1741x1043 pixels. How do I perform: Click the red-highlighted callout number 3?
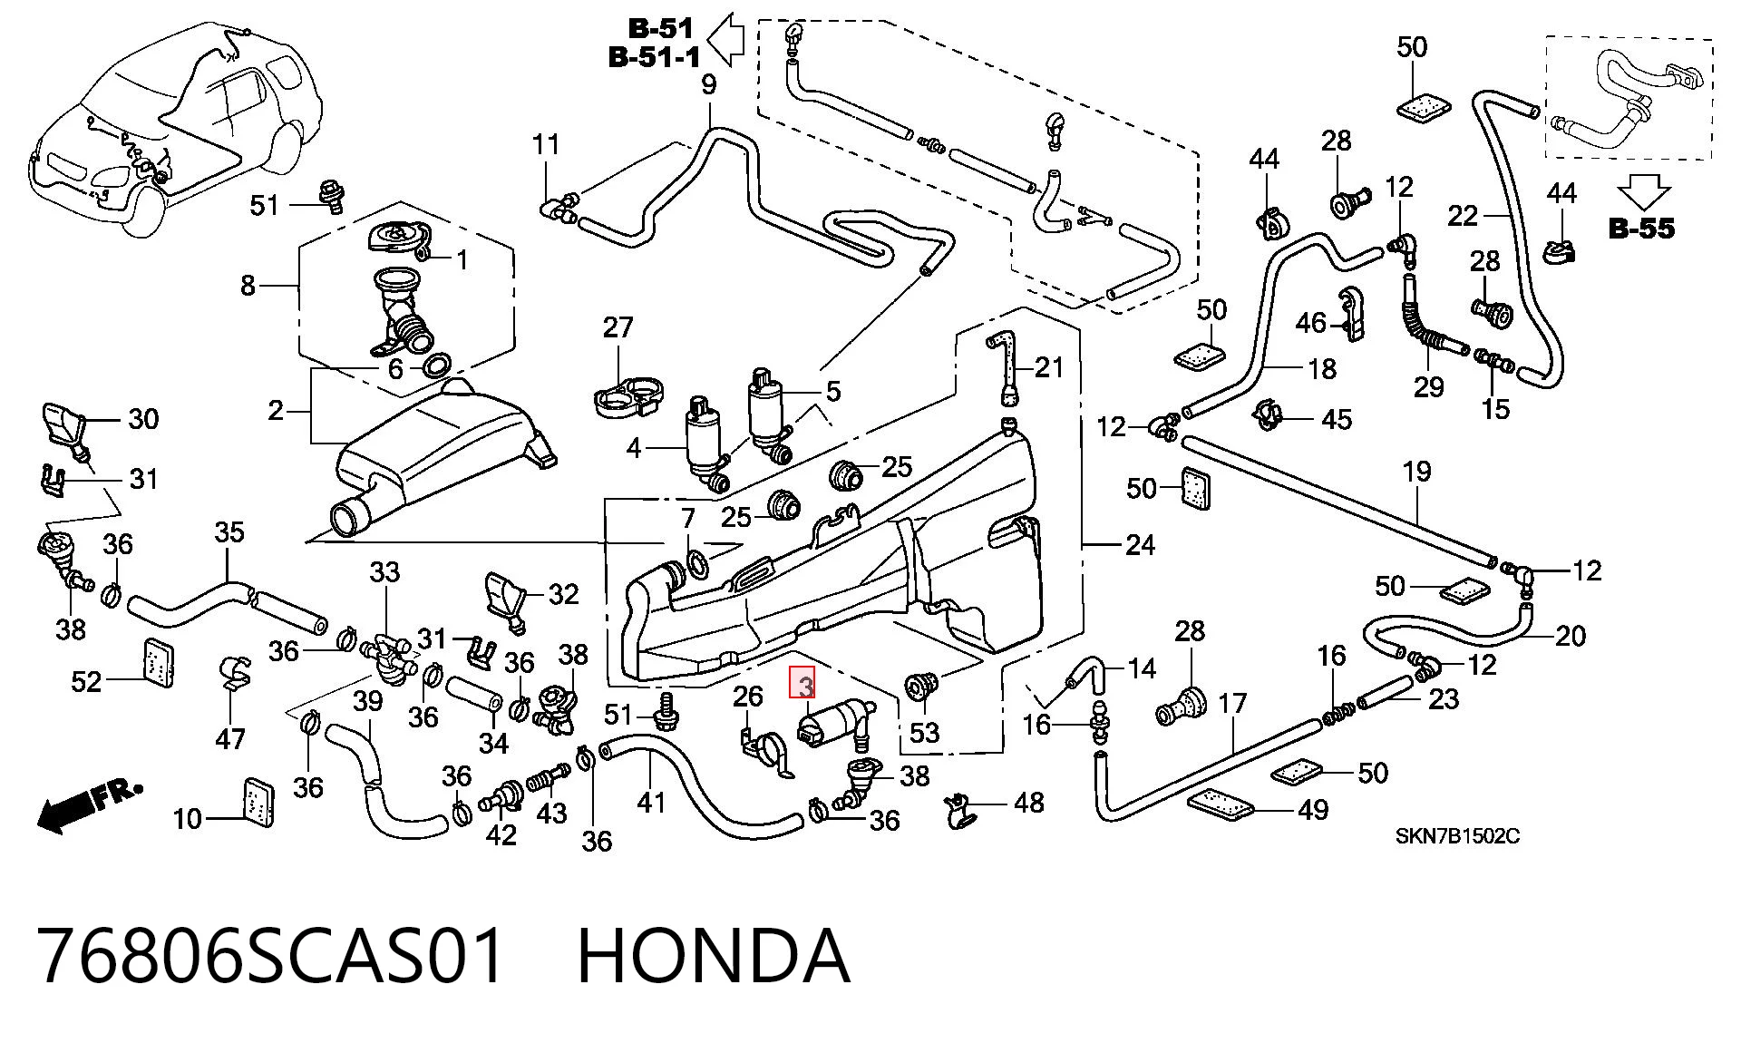tap(804, 683)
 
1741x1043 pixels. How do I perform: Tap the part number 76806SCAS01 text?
tap(270, 956)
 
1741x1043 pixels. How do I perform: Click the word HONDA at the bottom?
tap(714, 956)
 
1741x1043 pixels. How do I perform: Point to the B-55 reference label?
tap(1641, 228)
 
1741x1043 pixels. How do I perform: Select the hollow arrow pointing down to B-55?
tap(1643, 191)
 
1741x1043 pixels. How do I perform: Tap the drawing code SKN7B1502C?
tap(1457, 835)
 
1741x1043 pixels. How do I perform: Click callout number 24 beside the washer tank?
tap(1140, 544)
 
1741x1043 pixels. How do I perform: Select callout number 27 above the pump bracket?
tap(618, 327)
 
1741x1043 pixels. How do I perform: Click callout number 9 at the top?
tap(709, 84)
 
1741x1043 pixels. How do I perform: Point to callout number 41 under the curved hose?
tap(651, 802)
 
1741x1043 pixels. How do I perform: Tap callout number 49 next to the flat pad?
tap(1313, 809)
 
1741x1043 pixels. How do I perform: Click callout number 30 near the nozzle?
tap(143, 418)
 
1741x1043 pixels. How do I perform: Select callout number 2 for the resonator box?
tap(276, 411)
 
